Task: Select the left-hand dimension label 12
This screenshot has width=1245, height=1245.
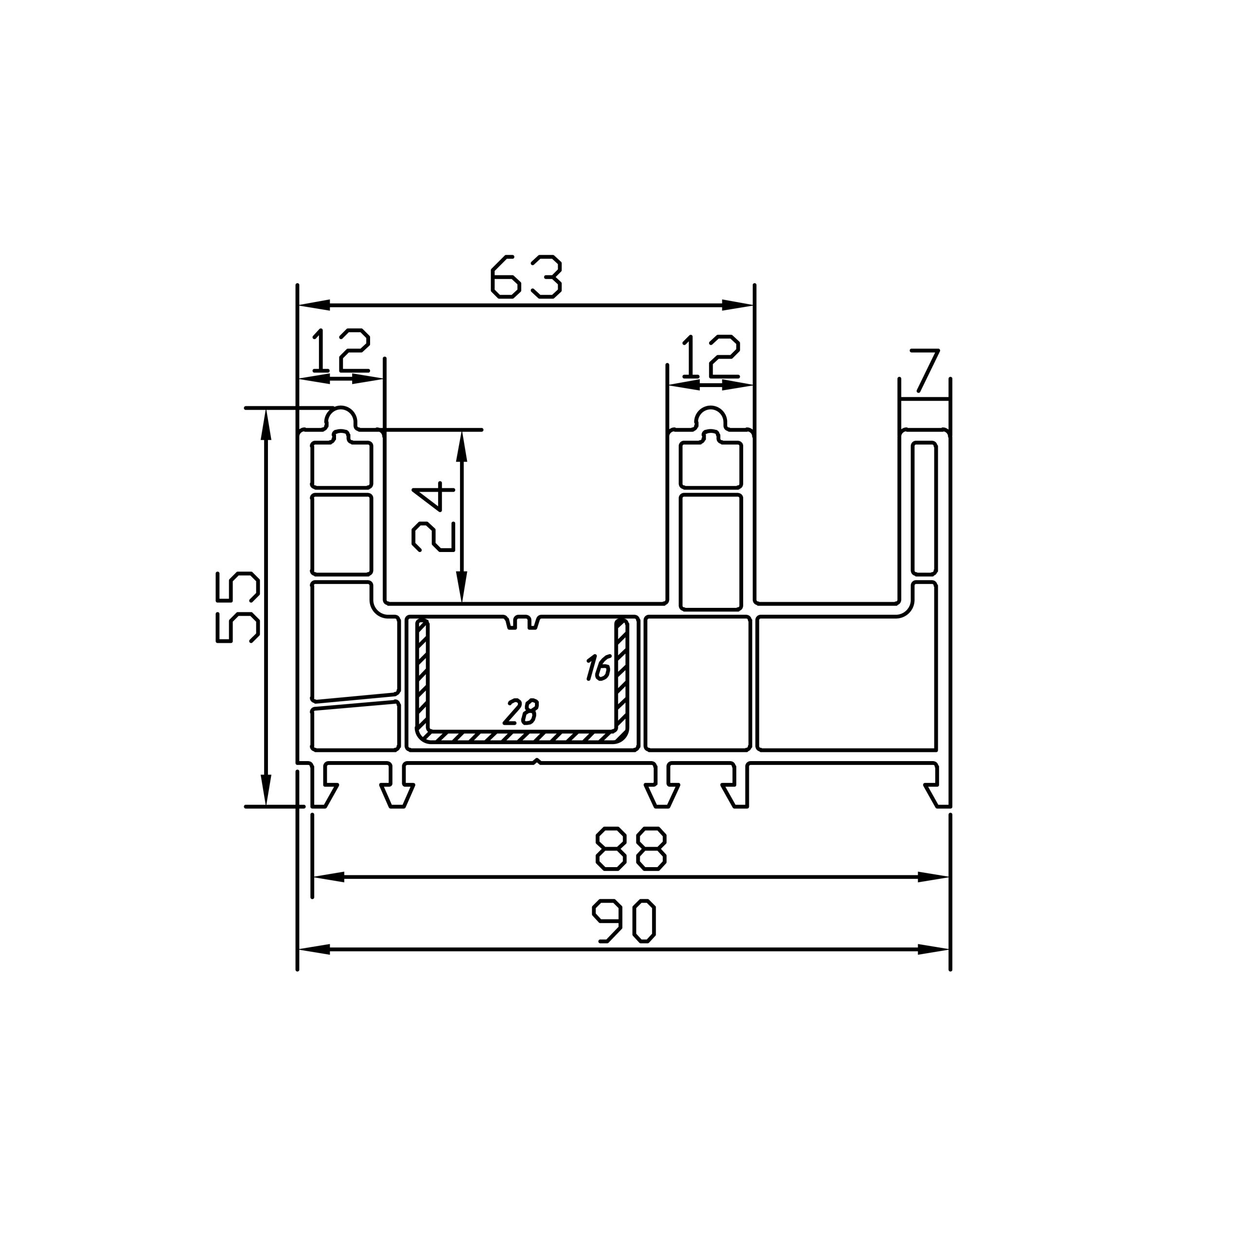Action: (x=341, y=351)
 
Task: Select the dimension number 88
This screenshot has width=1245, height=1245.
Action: (x=630, y=848)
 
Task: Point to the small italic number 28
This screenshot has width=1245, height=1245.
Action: (x=521, y=712)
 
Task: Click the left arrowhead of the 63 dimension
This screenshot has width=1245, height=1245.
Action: (x=315, y=305)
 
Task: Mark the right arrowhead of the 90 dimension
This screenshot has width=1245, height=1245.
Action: (x=934, y=949)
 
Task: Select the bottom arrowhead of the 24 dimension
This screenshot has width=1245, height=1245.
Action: (x=462, y=587)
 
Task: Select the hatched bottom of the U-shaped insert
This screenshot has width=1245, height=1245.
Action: (x=521, y=736)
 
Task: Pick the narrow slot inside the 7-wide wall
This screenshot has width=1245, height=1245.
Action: (x=924, y=507)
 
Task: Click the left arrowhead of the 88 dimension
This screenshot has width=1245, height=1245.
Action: (x=329, y=877)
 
